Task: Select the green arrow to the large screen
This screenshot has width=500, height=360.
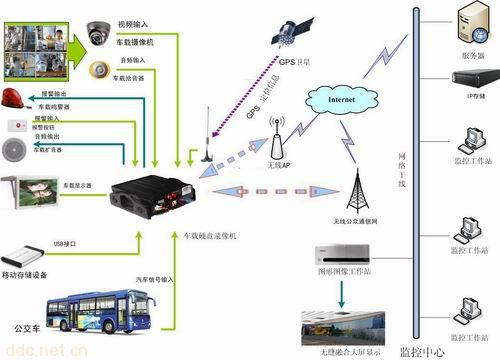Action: [x=343, y=292]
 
